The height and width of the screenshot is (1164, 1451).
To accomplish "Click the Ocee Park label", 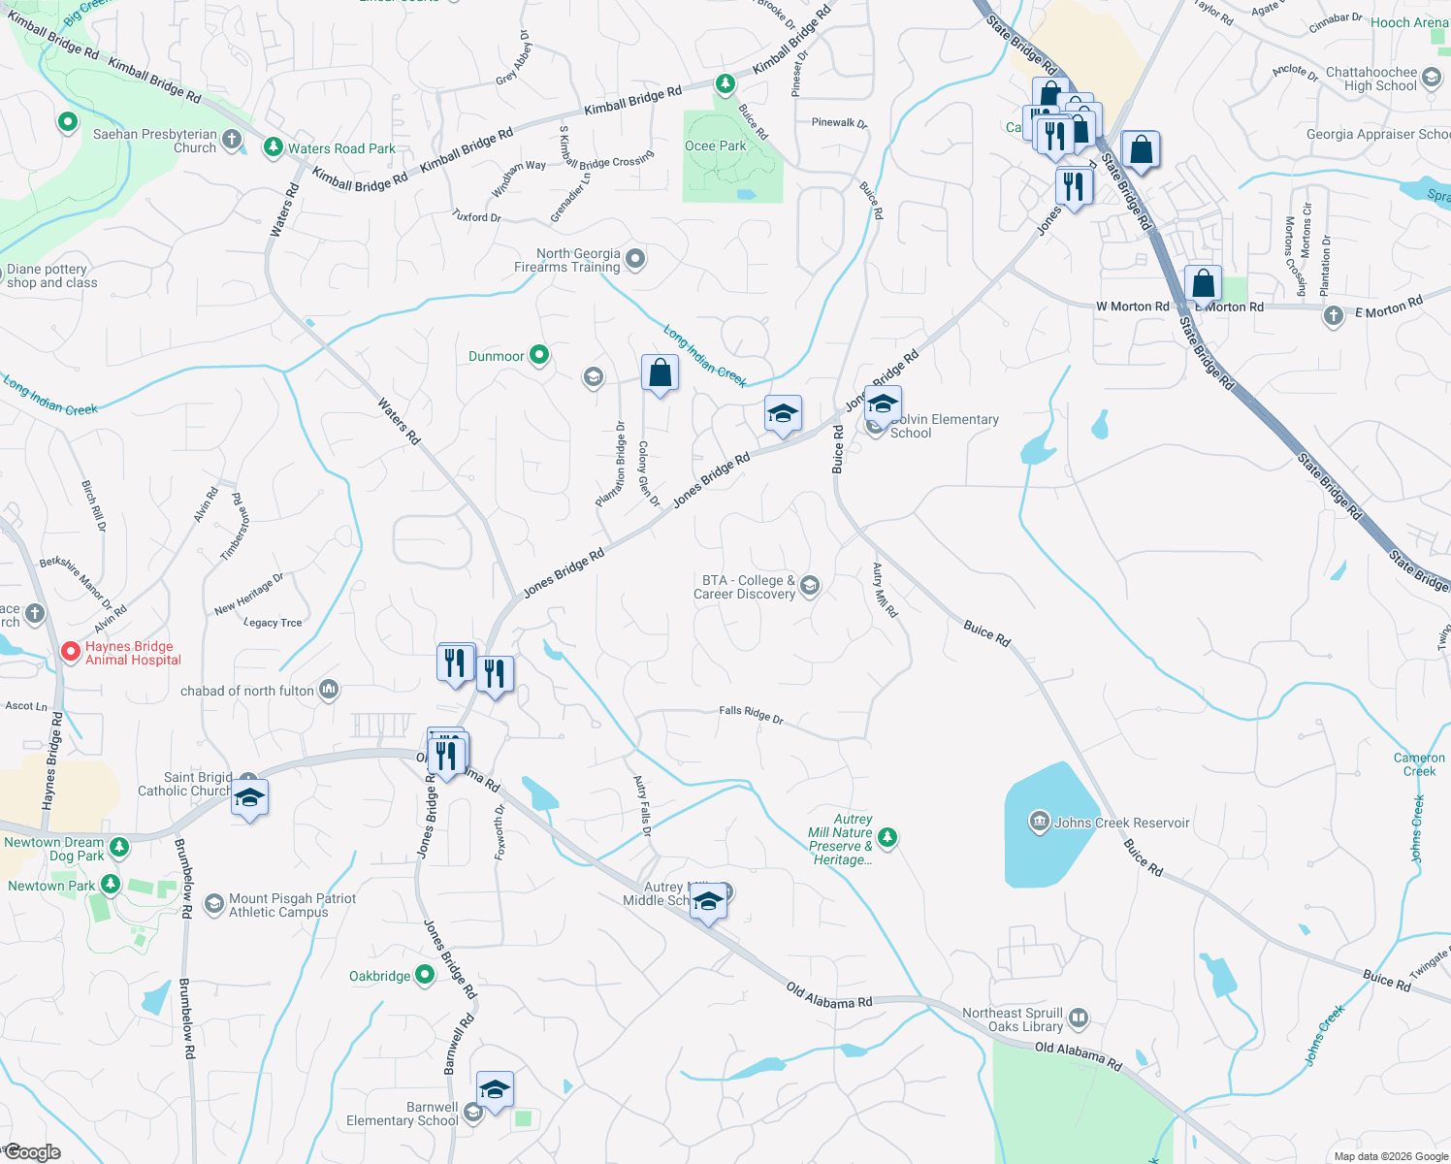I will pos(716,146).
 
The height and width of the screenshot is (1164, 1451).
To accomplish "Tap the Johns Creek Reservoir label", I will pos(1121,823).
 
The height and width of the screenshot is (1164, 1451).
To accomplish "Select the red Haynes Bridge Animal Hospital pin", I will pos(71,652).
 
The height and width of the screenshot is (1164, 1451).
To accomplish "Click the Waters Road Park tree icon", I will pos(274,147).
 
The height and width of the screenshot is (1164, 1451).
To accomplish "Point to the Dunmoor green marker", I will pos(539,355).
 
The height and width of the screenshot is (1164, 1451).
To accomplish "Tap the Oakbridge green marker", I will pos(425,975).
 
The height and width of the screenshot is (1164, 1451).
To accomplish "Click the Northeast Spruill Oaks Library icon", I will pos(1079,1018).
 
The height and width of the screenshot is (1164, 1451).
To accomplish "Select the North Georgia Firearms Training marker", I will pos(635,259).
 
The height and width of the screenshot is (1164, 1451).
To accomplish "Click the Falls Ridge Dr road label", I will pos(751,715).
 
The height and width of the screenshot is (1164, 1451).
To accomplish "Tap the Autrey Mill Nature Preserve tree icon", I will pos(887,837).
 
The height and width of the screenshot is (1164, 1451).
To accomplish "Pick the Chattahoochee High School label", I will pos(1370,79).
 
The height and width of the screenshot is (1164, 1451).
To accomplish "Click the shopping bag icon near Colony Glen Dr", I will pos(660,373).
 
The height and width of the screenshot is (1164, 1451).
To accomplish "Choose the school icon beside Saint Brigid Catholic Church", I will pos(249,797).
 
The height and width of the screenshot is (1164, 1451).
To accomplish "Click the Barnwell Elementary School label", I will pos(403,1114).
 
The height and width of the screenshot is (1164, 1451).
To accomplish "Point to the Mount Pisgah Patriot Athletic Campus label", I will pos(292,905).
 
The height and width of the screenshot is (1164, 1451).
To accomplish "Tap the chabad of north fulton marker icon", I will pos(329,690).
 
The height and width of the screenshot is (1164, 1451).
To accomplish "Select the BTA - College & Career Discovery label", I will pos(744,587).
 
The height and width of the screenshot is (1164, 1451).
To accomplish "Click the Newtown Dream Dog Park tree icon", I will pos(119,847).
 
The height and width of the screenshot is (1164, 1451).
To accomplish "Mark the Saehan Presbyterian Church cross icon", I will pos(231,140).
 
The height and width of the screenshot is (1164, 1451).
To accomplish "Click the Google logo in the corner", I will pos(33,1152).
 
